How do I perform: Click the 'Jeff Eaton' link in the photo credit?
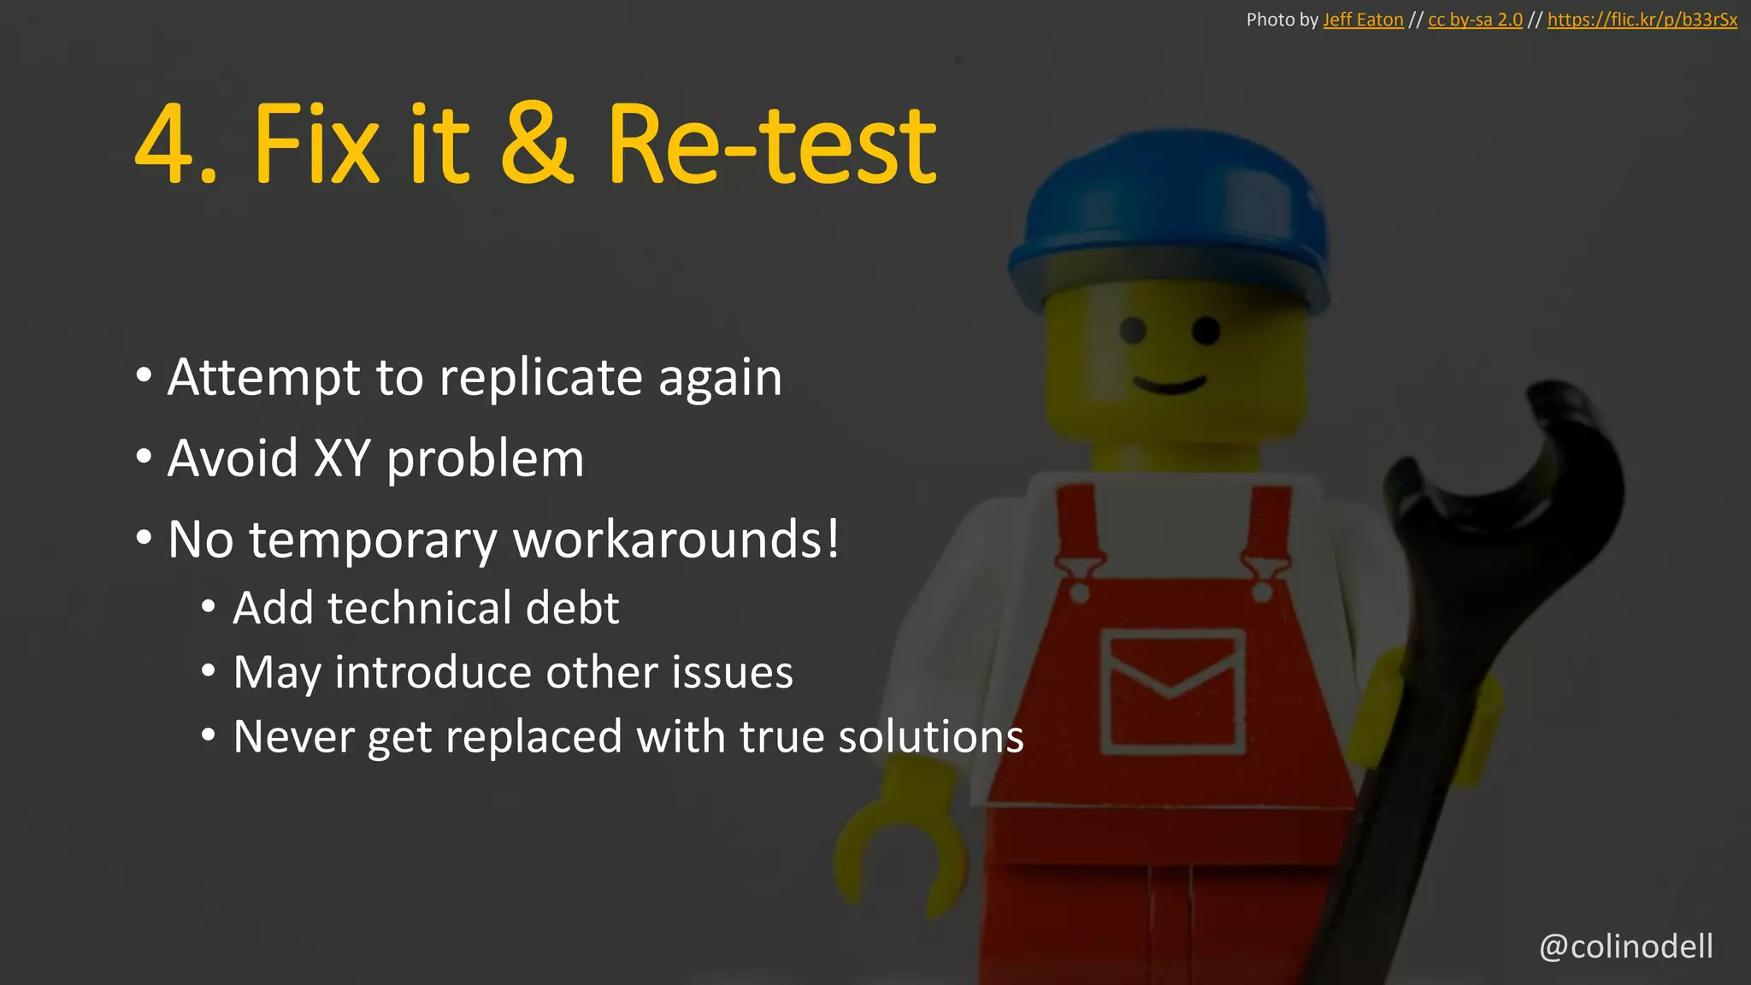point(1363,20)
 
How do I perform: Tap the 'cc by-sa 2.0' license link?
point(1475,20)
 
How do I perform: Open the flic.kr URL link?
point(1642,20)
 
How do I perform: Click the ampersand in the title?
point(537,144)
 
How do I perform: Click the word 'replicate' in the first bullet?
point(540,377)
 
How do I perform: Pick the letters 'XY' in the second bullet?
point(341,458)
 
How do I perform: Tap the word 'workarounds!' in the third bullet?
point(675,540)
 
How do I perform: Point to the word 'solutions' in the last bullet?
point(930,736)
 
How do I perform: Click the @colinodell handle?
point(1625,947)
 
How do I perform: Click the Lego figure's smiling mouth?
point(1170,384)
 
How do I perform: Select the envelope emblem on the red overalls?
point(1171,691)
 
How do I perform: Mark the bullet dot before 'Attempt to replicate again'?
point(144,375)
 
